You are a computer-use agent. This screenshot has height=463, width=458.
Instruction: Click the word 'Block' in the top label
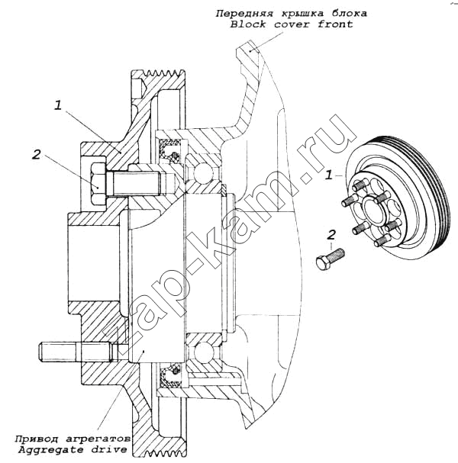click(x=248, y=24)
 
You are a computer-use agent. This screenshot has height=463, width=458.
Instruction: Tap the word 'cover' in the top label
click(x=292, y=24)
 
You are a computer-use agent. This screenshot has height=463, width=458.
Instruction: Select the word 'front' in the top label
click(x=335, y=24)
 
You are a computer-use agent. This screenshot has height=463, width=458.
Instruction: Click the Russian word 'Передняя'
click(x=244, y=14)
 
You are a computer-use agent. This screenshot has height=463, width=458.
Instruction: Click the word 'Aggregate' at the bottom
click(x=50, y=450)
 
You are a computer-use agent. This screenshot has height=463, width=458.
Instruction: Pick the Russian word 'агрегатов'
click(x=98, y=439)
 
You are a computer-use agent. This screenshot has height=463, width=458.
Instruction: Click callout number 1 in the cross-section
click(x=57, y=105)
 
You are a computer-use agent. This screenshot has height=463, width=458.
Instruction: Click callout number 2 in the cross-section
click(x=36, y=154)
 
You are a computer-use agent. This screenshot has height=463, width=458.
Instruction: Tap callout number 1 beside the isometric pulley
click(x=329, y=175)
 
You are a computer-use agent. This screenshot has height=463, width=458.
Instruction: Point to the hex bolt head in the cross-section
click(x=98, y=183)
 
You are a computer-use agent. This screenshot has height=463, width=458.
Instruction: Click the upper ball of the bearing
click(x=204, y=172)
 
